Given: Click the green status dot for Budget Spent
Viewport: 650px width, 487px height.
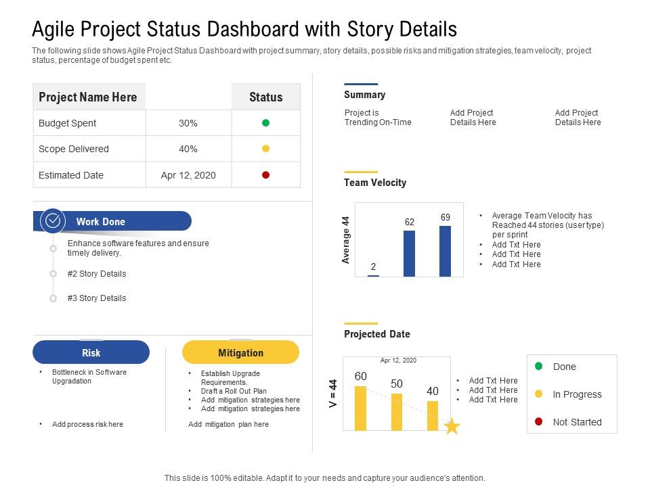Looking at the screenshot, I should click(265, 123).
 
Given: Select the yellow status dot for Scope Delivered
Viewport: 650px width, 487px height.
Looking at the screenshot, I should click(265, 149).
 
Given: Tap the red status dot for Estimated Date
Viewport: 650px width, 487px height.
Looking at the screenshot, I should click(265, 175).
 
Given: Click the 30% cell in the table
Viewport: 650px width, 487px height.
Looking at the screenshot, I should click(188, 123).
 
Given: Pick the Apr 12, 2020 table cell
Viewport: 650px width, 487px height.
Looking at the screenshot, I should click(188, 175).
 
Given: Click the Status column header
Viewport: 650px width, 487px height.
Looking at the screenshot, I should click(265, 97).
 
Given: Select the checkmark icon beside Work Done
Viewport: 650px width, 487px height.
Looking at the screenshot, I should click(53, 221).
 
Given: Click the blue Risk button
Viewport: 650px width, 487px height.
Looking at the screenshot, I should click(91, 352).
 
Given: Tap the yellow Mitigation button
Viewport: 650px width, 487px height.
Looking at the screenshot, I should click(240, 352).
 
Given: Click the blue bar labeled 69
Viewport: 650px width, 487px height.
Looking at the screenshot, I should click(445, 251).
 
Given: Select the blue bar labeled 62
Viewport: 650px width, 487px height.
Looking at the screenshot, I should click(409, 254).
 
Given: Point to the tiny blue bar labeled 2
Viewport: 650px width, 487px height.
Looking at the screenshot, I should click(373, 275).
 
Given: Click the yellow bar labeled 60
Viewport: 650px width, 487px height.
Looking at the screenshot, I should click(360, 408).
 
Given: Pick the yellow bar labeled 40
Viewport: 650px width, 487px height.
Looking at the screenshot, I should click(432, 415).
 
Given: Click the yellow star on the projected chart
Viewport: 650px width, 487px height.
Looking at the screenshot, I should click(452, 427).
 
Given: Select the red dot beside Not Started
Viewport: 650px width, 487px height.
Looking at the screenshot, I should click(539, 422).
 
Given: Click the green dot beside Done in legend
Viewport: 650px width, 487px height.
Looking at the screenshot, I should click(539, 367).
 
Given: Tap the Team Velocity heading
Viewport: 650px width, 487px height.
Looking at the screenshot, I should click(375, 183).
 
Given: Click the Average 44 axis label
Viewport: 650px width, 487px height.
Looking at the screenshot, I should click(346, 240).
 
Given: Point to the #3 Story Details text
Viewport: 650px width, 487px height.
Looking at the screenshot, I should click(97, 298).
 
